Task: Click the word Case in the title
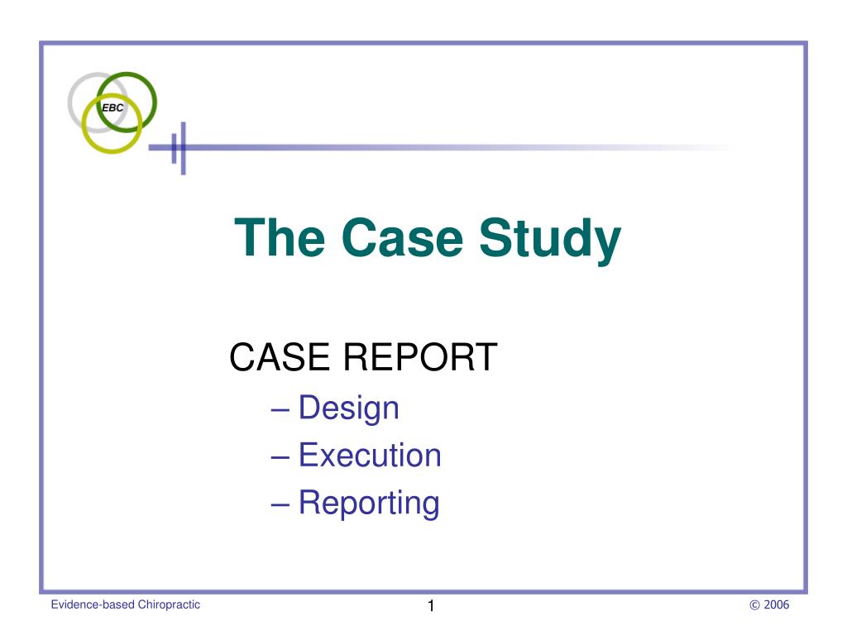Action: pyautogui.click(x=403, y=238)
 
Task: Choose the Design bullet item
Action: pyautogui.click(x=348, y=408)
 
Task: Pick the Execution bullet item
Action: pyautogui.click(x=370, y=455)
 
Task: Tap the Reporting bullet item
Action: pyautogui.click(x=369, y=503)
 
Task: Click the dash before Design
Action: pyautogui.click(x=280, y=409)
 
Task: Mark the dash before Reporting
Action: pyautogui.click(x=280, y=504)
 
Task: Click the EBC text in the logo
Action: pyautogui.click(x=112, y=108)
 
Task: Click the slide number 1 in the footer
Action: pyautogui.click(x=431, y=607)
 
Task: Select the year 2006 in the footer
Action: pyautogui.click(x=777, y=605)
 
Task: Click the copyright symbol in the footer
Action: pyautogui.click(x=754, y=605)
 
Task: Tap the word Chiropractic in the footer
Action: pyautogui.click(x=170, y=605)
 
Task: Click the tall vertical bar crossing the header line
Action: pyautogui.click(x=183, y=148)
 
